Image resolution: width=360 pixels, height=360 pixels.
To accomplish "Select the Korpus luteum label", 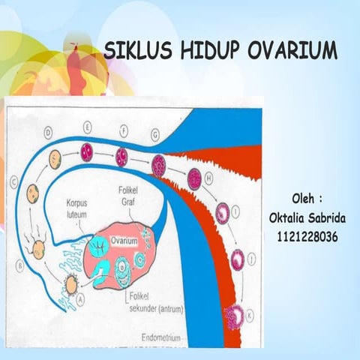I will (80, 208).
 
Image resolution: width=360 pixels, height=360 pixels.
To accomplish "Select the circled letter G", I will (155, 135).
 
